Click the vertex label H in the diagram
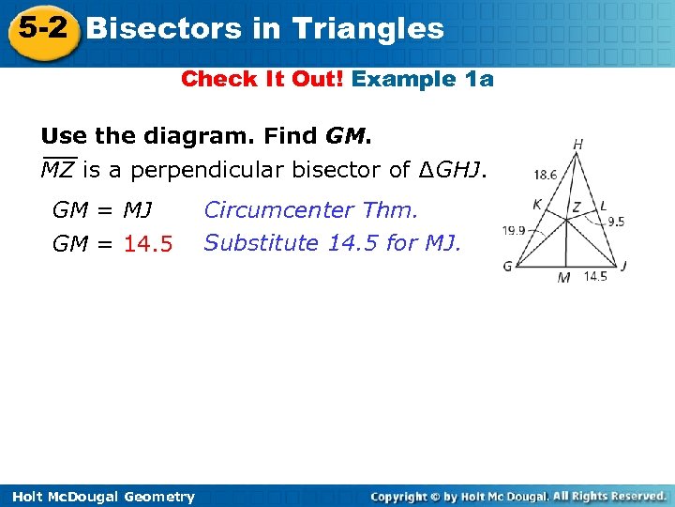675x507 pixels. (x=578, y=145)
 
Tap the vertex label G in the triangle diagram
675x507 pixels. (x=507, y=267)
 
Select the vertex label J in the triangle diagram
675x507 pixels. (x=624, y=266)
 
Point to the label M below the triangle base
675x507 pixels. (x=563, y=277)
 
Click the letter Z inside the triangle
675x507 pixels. (x=576, y=206)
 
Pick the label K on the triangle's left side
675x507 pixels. (x=537, y=205)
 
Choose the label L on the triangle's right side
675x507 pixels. (x=602, y=205)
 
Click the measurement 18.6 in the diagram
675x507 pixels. (x=545, y=174)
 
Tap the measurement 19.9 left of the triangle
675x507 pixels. (x=513, y=229)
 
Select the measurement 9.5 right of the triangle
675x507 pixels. (x=615, y=222)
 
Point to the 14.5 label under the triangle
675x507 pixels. (x=595, y=276)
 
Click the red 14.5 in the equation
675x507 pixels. (x=148, y=244)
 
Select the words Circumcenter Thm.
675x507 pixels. (x=310, y=209)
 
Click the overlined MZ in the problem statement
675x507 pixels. (x=58, y=170)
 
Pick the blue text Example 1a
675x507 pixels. (x=422, y=79)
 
